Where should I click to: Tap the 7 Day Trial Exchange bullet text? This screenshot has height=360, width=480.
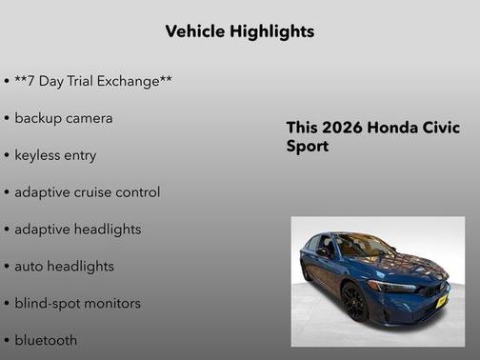[x=92, y=82]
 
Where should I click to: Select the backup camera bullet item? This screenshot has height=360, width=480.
[x=63, y=118]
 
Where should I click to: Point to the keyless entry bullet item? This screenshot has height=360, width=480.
[x=55, y=155]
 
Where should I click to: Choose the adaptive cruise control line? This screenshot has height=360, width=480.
[x=87, y=192]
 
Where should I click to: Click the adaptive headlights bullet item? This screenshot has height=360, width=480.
[x=77, y=230]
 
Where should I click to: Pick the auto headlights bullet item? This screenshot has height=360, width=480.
[x=64, y=267]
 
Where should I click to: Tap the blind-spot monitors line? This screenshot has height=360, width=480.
[x=77, y=304]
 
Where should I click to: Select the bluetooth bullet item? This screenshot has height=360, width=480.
[x=46, y=340]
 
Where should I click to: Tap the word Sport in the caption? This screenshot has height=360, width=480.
[x=308, y=148]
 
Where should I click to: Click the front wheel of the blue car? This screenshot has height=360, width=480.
[x=353, y=303]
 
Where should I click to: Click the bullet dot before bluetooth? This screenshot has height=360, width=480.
[x=7, y=341]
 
